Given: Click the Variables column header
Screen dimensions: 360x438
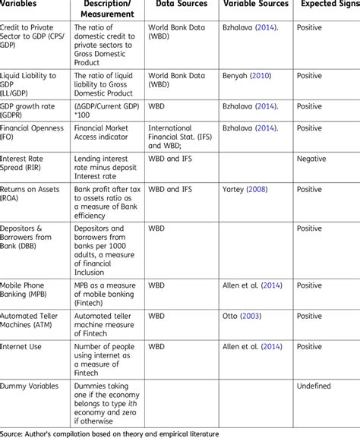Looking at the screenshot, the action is tap(22, 5).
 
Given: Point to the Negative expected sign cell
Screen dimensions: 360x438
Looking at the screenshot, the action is tap(311, 159).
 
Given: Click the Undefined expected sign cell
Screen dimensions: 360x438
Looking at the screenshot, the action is tap(313, 386).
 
